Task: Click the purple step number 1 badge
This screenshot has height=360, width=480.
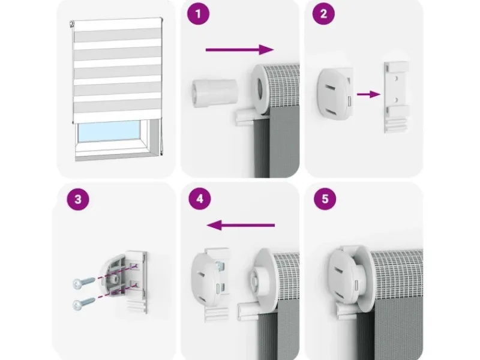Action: [199, 14]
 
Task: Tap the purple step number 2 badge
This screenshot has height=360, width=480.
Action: [323, 14]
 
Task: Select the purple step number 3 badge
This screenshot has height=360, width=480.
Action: [78, 199]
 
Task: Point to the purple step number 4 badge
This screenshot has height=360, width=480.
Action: [200, 199]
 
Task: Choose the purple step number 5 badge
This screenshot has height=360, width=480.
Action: [325, 199]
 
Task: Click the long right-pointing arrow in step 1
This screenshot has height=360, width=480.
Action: [239, 50]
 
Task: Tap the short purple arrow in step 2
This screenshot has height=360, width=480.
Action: [368, 94]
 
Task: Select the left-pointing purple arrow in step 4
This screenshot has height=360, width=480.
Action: [241, 226]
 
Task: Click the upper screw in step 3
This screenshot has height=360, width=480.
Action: [84, 282]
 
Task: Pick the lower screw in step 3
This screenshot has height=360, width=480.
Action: [83, 303]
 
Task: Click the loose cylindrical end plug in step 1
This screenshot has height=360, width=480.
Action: [214, 93]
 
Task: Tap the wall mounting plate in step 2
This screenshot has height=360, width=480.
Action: [397, 97]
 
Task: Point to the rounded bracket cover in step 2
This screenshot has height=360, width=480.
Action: [335, 94]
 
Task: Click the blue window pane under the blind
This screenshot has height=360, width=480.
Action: [108, 131]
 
